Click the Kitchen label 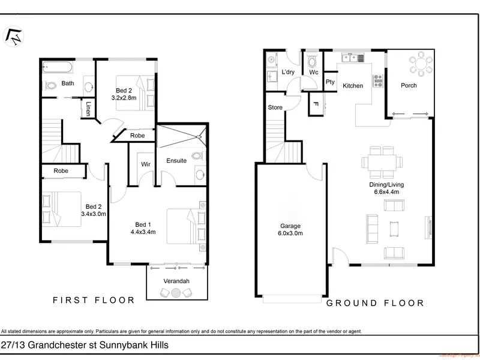click(x=353, y=86)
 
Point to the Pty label click(x=330, y=82)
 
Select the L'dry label click(x=287, y=73)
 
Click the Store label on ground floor click(x=275, y=108)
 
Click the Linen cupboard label click(x=88, y=108)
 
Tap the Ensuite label click(x=176, y=160)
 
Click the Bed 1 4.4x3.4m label click(x=145, y=230)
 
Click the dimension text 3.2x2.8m click(x=125, y=97)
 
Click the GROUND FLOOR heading click(x=375, y=304)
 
